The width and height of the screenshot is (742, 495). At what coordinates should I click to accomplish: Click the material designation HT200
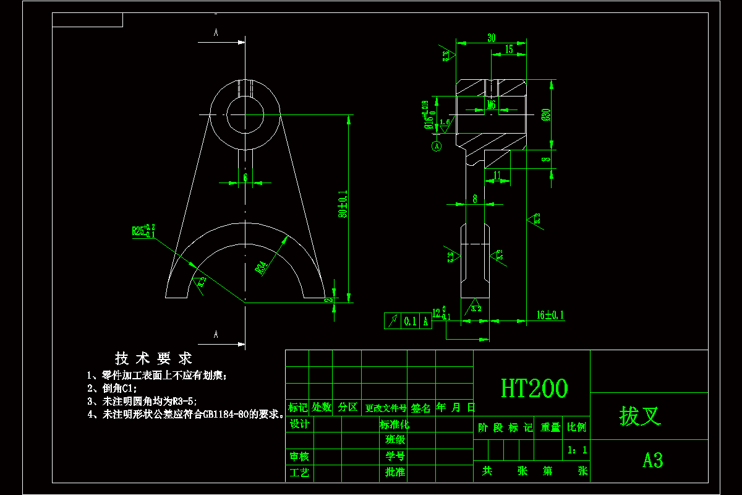(534, 389)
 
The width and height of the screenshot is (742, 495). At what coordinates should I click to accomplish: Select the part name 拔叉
(640, 416)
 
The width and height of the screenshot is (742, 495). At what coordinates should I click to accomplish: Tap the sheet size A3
(652, 460)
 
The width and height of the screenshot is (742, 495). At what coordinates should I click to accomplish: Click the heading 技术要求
(153, 358)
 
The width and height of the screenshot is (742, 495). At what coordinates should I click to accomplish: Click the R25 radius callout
(143, 231)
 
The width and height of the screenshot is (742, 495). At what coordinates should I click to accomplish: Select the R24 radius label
(262, 268)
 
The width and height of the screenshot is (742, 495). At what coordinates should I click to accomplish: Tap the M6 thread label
(491, 105)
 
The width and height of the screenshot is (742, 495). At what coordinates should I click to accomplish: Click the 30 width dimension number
(491, 38)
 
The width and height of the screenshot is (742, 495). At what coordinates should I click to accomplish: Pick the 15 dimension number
(509, 49)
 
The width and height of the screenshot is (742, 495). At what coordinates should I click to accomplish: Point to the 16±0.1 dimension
(550, 315)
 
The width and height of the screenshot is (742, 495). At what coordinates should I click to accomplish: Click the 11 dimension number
(498, 176)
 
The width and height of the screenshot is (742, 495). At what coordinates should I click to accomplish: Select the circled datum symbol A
(437, 147)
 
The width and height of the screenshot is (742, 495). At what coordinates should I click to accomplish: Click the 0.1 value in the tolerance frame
(410, 321)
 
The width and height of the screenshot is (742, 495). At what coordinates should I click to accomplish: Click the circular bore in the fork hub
(245, 114)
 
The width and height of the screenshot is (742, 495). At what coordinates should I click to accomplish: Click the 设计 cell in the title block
(299, 424)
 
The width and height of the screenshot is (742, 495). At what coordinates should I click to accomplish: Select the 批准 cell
(394, 472)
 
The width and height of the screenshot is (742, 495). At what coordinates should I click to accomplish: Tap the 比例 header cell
(576, 427)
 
